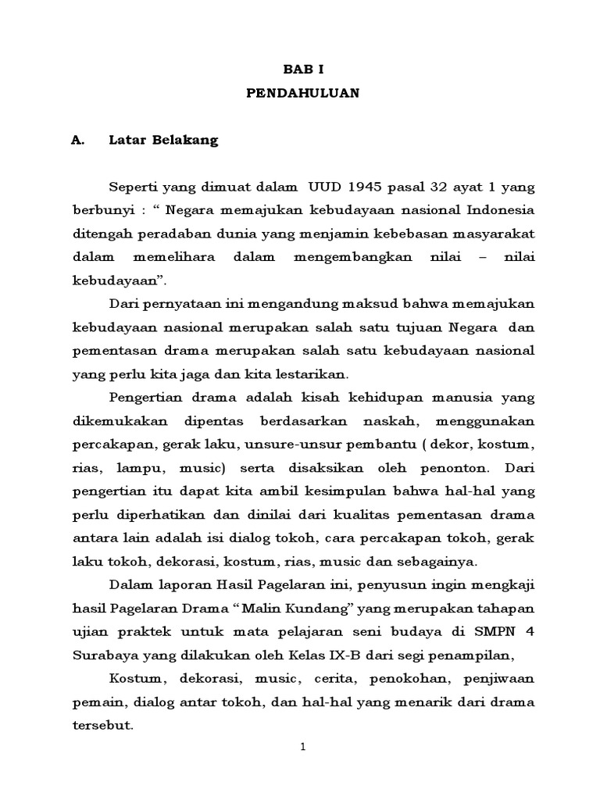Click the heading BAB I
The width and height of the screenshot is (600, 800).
click(302, 69)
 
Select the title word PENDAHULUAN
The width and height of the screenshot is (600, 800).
click(302, 93)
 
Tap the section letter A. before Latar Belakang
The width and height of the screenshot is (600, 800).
click(77, 141)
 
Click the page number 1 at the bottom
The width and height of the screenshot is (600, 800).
click(302, 748)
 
